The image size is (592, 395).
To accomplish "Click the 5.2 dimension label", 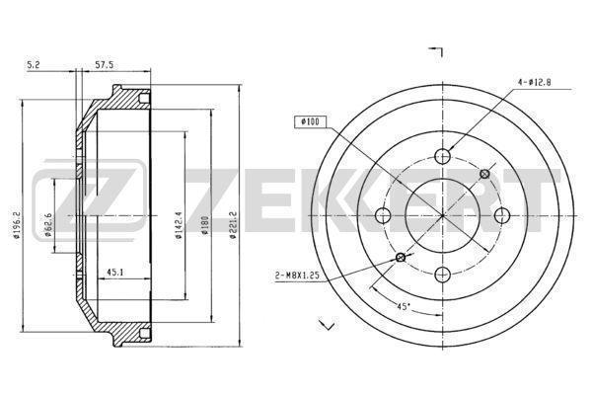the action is click(x=34, y=65).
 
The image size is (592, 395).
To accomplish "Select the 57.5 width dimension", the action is click(x=104, y=65).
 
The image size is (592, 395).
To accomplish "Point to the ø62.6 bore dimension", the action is click(x=48, y=224).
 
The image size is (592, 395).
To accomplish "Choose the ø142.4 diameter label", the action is click(x=179, y=225).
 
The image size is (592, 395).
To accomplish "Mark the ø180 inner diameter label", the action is click(x=205, y=226).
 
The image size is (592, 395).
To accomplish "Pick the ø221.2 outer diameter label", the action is click(x=233, y=226).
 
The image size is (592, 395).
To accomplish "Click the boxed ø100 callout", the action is click(x=310, y=121).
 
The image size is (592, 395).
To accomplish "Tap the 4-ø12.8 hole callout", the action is click(x=534, y=82).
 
